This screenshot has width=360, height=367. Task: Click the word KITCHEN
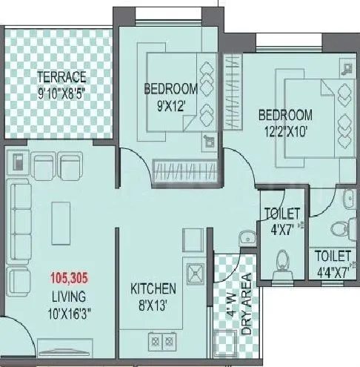click(x=153, y=288)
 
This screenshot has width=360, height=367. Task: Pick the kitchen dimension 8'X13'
click(x=153, y=304)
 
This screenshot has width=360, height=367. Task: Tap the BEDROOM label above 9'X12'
click(x=170, y=89)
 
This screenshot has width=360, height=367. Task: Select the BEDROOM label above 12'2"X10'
click(x=285, y=116)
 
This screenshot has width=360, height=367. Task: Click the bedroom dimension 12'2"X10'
click(x=285, y=131)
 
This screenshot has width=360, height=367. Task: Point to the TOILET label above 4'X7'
click(x=282, y=214)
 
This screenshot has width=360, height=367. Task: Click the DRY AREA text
click(x=247, y=304)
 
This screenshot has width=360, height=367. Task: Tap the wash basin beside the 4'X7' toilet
click(x=246, y=237)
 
